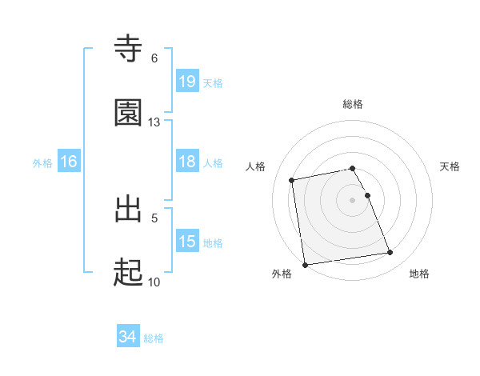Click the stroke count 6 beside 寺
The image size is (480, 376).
click(154, 58)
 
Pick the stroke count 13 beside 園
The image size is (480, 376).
click(154, 122)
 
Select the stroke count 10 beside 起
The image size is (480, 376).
click(154, 282)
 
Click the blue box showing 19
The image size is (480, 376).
click(187, 82)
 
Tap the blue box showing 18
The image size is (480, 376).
click(187, 162)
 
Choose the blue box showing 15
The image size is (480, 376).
click(187, 242)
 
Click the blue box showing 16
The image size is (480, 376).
click(69, 162)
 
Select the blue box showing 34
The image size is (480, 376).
click(128, 337)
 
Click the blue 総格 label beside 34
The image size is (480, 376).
click(154, 338)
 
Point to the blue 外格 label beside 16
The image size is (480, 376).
click(42, 163)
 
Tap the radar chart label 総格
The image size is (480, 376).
click(353, 104)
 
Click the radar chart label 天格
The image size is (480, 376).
click(450, 166)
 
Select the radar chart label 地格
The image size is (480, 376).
click(419, 274)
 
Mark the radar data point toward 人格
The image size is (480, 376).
click(292, 180)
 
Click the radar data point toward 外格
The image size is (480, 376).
click(305, 264)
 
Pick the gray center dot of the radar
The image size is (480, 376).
click(353, 199)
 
